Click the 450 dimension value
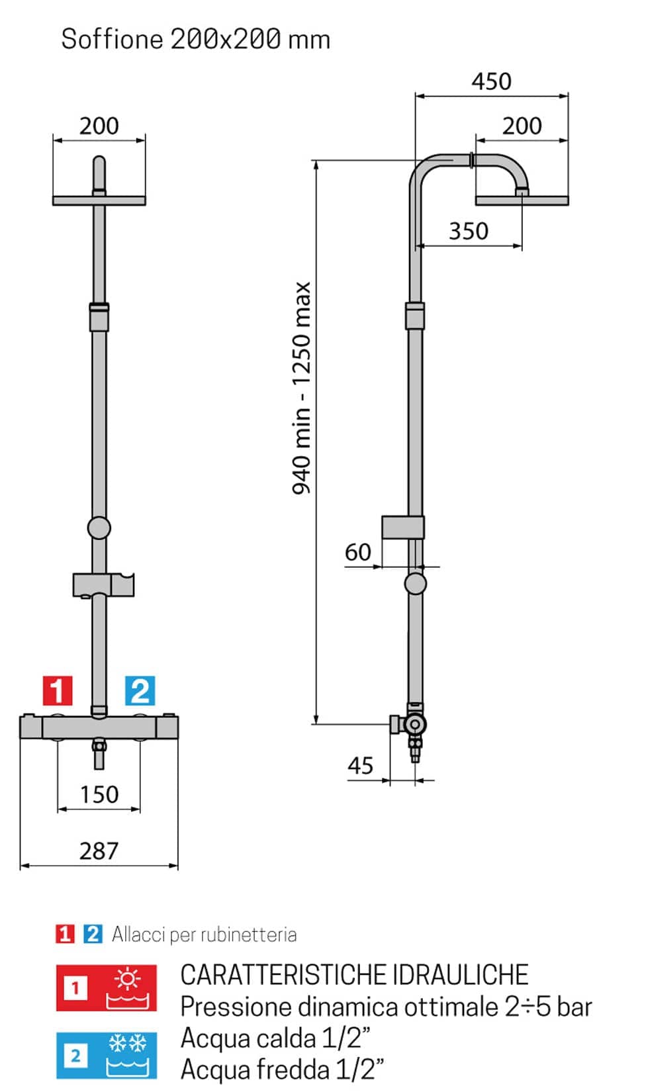coord(491,81)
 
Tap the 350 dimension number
coord(468,231)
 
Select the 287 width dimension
coord(99,851)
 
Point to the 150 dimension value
coord(99,794)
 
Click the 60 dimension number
coord(358,553)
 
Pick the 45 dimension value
coord(360,765)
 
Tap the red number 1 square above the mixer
coord(58,690)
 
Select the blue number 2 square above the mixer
coord(140,690)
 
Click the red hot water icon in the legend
coord(107,987)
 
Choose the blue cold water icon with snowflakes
coord(107,1056)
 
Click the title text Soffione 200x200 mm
coord(195,39)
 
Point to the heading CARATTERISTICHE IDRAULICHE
coord(355,974)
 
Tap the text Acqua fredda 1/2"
coord(282,1069)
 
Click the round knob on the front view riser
coord(99,527)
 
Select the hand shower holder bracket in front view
coord(103,585)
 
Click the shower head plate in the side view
coord(522,201)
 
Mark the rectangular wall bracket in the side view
coord(402,527)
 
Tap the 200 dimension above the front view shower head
coord(99,126)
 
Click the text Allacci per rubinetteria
coord(205,934)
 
